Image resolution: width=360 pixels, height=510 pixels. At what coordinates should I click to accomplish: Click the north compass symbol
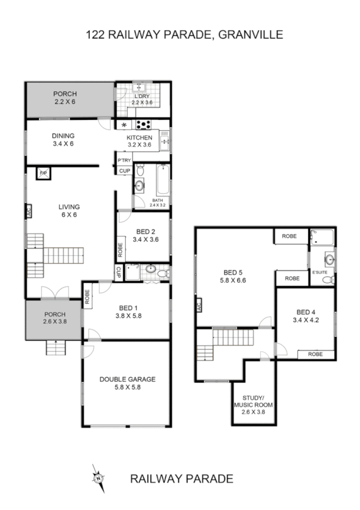click(97, 477)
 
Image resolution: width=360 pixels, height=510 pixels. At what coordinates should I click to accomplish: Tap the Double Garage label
click(128, 379)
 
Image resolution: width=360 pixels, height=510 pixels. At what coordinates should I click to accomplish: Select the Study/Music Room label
click(253, 402)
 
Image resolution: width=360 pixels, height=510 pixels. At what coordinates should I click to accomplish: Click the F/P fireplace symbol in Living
click(43, 173)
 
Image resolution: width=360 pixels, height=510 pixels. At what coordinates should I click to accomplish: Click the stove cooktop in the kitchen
click(145, 125)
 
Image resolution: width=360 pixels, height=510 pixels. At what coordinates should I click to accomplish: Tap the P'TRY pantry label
click(125, 160)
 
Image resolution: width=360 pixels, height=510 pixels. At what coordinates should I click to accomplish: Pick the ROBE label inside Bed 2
click(120, 249)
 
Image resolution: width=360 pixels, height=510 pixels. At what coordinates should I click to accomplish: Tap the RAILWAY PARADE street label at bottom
click(181, 479)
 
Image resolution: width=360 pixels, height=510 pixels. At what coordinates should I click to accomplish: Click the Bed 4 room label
click(306, 312)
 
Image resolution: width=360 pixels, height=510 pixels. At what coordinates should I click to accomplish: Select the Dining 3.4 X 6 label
click(63, 140)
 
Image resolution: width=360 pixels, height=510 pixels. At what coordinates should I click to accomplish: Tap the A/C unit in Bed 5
click(198, 307)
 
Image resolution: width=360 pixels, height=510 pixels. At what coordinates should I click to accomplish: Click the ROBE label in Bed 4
click(315, 354)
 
